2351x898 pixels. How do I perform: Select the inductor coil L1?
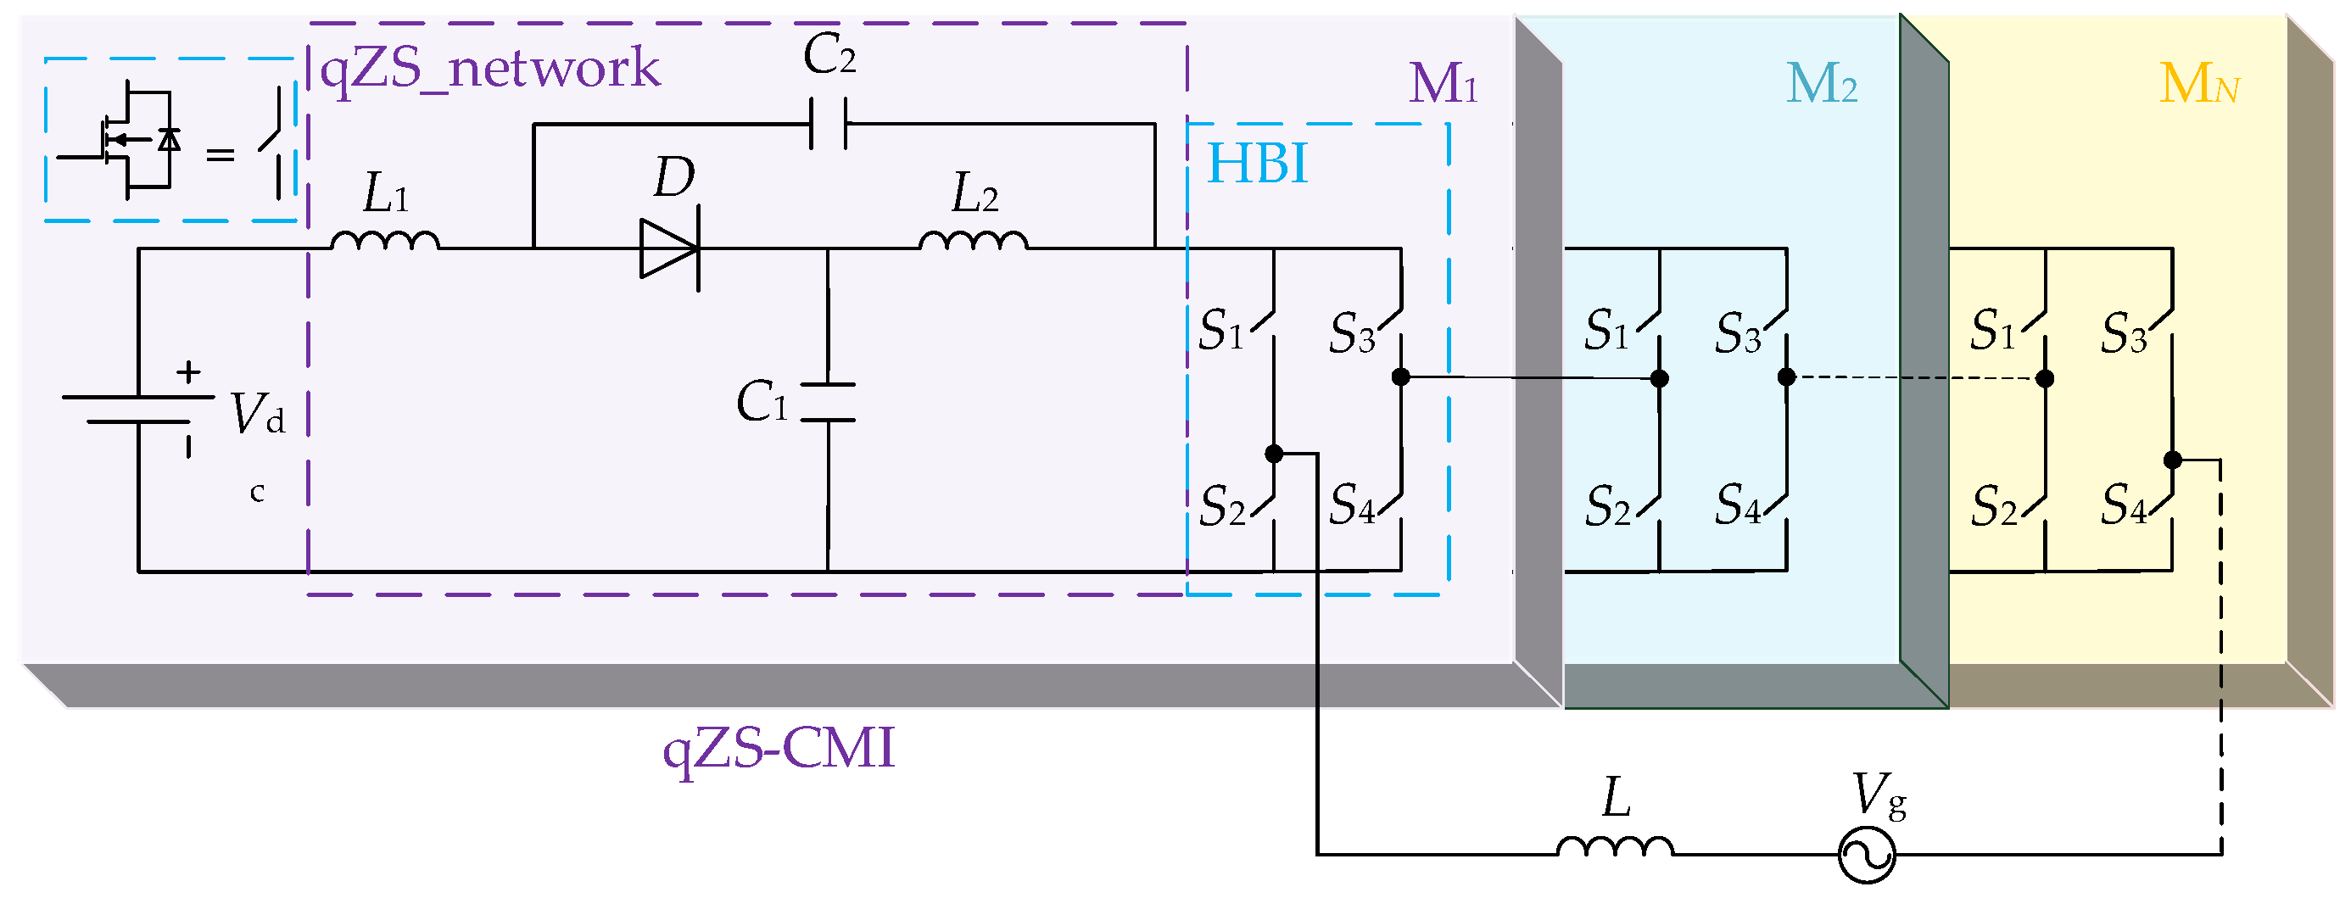pyautogui.click(x=385, y=240)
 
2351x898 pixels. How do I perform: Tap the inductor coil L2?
pyautogui.click(x=974, y=240)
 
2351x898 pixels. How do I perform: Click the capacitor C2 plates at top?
pyautogui.click(x=829, y=124)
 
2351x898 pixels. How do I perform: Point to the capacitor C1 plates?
pyautogui.click(x=828, y=403)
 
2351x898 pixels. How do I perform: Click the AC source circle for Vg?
pyautogui.click(x=1867, y=855)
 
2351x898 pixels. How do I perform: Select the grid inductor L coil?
pyautogui.click(x=1615, y=847)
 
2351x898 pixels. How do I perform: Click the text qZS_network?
pyautogui.click(x=490, y=69)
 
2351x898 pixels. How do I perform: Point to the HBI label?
pyautogui.click(x=1257, y=165)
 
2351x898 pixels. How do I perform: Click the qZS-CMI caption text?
pyautogui.click(x=779, y=748)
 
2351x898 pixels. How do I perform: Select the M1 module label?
pyautogui.click(x=1443, y=84)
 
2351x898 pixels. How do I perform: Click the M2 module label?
pyautogui.click(x=1821, y=84)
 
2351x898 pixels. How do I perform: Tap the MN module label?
pyautogui.click(x=2198, y=84)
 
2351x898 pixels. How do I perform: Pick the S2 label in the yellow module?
pyautogui.click(x=1993, y=507)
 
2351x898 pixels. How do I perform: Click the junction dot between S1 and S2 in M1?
pyautogui.click(x=1274, y=454)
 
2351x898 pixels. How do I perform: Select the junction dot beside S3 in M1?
pyautogui.click(x=1401, y=376)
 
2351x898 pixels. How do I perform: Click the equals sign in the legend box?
pyautogui.click(x=220, y=156)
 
